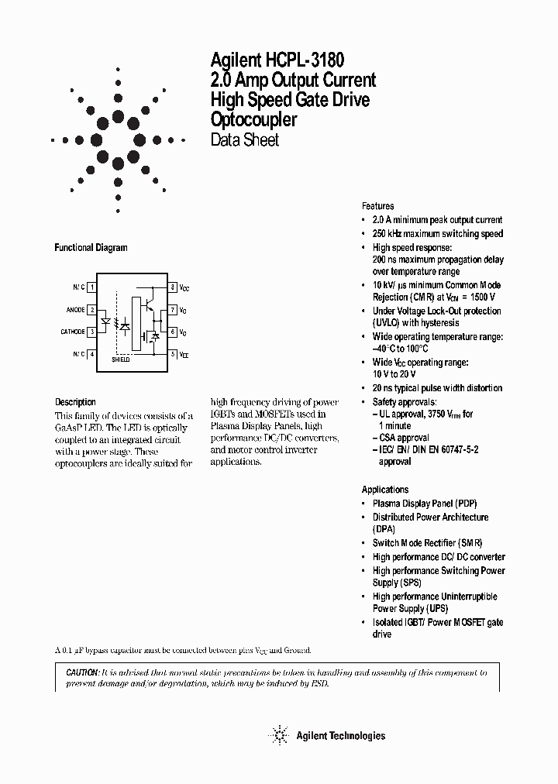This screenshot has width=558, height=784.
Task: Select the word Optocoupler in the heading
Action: [x=253, y=120]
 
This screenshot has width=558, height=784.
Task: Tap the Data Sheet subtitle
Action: [x=244, y=140]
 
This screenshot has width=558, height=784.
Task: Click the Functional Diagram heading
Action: [x=91, y=248]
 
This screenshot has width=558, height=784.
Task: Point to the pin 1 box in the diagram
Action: [x=92, y=287]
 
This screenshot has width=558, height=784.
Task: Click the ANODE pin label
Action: [x=75, y=310]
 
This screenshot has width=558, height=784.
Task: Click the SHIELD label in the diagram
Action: [x=121, y=360]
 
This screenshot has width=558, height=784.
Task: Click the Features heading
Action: [x=377, y=206]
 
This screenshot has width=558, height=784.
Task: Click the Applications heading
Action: [x=384, y=490]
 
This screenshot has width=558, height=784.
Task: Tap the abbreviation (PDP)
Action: [x=467, y=503]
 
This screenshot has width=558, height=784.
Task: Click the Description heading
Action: [x=75, y=402]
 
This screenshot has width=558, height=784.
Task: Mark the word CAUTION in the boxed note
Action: [x=77, y=673]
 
